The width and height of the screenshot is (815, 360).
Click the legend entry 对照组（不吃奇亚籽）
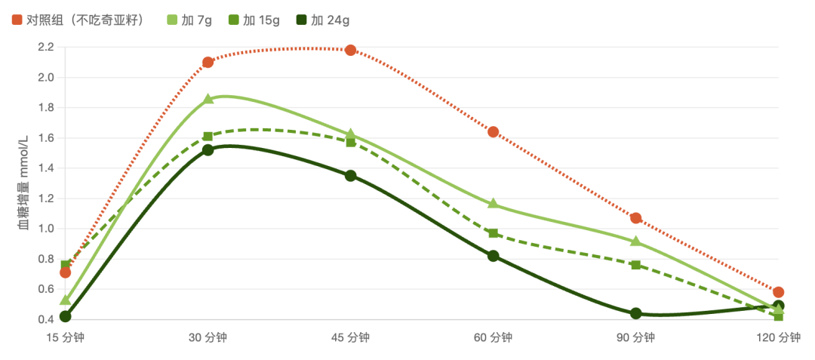tap(78, 21)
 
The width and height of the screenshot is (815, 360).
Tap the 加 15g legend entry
tap(253, 21)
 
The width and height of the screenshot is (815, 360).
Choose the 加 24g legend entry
tap(322, 21)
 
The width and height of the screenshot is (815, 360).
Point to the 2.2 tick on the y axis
tap(46, 48)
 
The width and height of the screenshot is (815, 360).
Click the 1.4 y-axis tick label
tap(46, 168)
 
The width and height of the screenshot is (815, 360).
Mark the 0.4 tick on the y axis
tap(46, 319)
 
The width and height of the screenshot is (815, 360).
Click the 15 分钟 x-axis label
tap(65, 338)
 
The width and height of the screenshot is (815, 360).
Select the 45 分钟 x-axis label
tap(350, 338)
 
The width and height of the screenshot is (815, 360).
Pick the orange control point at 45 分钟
tap(350, 50)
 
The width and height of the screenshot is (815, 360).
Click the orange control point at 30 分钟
tap(208, 63)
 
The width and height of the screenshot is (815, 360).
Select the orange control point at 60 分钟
tap(494, 132)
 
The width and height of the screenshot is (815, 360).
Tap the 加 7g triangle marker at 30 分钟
tap(208, 99)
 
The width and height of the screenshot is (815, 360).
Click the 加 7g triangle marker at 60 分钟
tap(494, 203)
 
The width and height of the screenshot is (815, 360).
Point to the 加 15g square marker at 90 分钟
tap(635, 265)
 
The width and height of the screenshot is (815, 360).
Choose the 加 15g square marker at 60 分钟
tap(494, 233)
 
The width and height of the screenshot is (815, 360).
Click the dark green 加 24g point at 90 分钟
tap(635, 313)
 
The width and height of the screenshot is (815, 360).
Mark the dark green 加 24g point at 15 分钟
tap(65, 316)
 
